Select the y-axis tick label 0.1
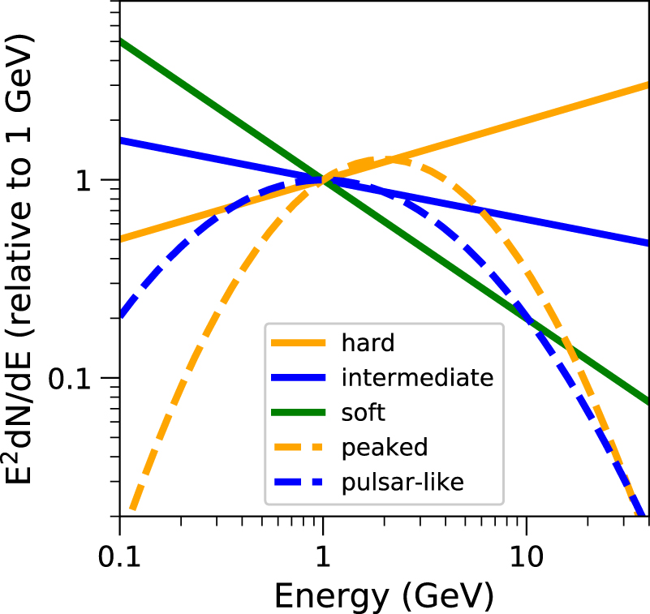80,379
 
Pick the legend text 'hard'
368,343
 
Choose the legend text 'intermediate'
417,378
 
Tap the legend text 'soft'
363,413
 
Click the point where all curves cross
323,180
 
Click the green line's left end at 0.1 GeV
120,41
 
